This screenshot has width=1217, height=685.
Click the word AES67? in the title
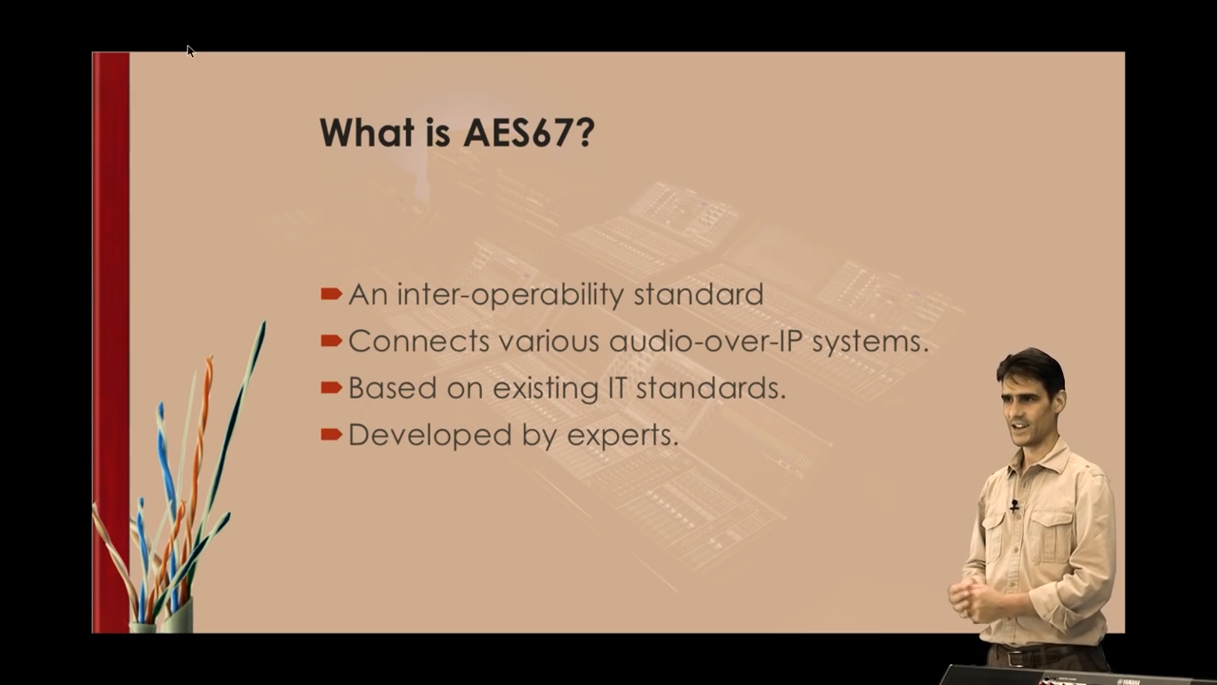click(x=528, y=132)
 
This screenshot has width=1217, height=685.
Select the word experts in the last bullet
click(x=622, y=435)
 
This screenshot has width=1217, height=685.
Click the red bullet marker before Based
click(x=331, y=387)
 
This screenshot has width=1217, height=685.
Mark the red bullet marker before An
click(x=331, y=294)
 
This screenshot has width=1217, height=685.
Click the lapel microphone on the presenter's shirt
click(x=1014, y=506)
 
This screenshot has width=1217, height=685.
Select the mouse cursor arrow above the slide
click(x=189, y=49)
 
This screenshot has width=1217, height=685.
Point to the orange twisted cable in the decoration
click(x=201, y=428)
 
